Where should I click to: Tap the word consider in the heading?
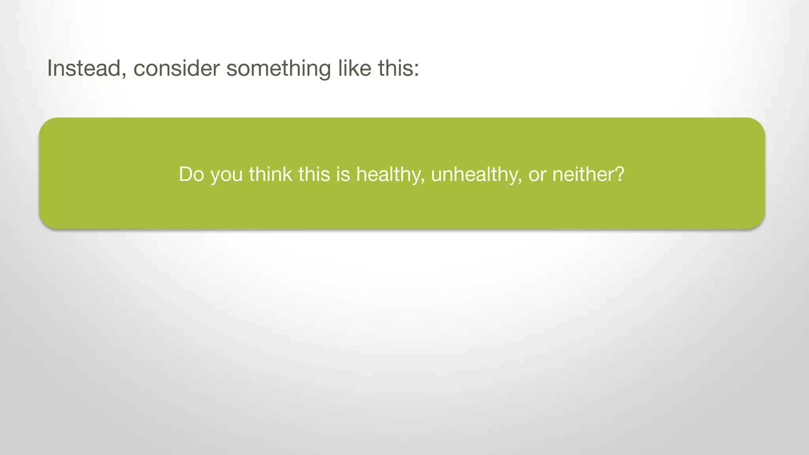(176, 68)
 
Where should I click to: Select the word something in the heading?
(278, 68)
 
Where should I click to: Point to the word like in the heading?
(354, 68)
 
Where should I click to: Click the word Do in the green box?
(191, 174)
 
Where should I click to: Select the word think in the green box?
(270, 174)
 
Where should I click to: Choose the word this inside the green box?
(314, 174)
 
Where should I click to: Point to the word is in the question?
(343, 174)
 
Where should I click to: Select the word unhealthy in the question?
(474, 174)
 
